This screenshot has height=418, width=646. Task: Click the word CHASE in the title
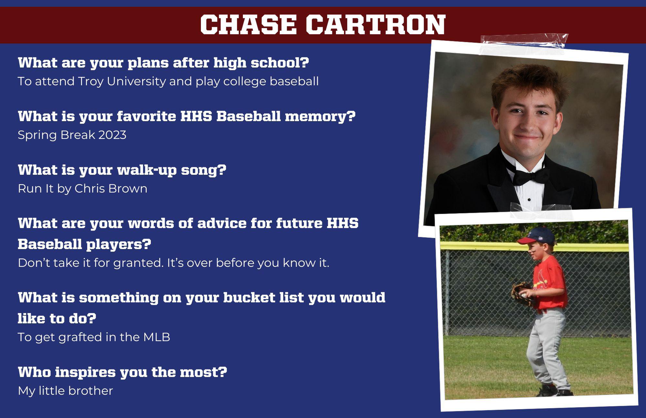[x=248, y=25]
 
